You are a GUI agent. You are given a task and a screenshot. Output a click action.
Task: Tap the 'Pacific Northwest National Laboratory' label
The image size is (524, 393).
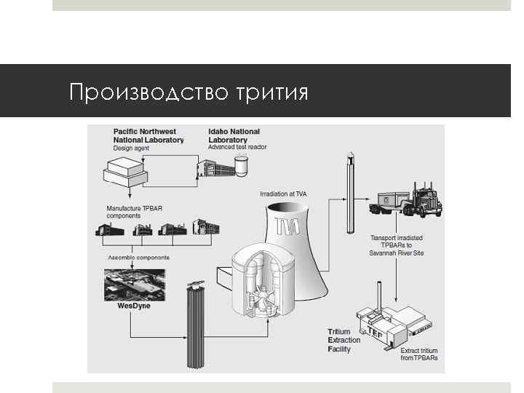click(x=148, y=135)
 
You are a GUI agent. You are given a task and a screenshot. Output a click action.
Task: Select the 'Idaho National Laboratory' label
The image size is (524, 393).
click(x=234, y=135)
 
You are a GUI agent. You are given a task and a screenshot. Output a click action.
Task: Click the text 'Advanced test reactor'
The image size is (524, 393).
click(x=237, y=147)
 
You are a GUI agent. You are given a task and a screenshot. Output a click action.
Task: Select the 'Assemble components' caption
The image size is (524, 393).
click(x=138, y=258)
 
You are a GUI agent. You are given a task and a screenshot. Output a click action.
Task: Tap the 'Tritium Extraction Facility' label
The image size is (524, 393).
click(x=344, y=341)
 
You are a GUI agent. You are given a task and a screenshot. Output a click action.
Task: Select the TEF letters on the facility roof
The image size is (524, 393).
click(x=376, y=330)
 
